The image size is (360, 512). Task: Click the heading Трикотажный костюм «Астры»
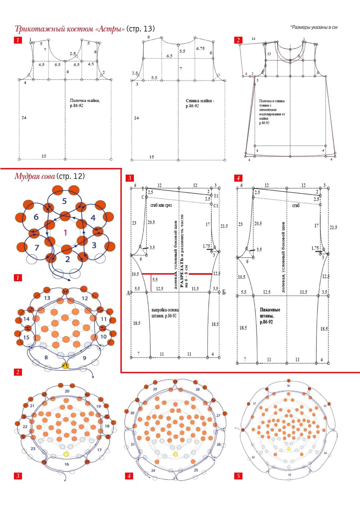(x=70, y=29)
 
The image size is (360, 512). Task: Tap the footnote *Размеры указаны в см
(x=314, y=27)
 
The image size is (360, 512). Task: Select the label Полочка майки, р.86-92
(x=84, y=103)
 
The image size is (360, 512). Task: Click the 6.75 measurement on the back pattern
(x=200, y=48)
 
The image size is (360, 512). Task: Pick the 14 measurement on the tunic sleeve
(x=253, y=38)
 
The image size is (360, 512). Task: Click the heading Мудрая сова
(x=35, y=176)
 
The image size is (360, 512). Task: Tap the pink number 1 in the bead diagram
(x=65, y=233)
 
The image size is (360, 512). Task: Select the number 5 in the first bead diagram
(x=64, y=201)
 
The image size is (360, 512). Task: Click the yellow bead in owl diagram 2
(x=65, y=366)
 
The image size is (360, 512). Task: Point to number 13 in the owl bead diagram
(x=47, y=298)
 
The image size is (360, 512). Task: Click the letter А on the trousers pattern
(x=128, y=293)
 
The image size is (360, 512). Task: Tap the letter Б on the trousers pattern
(x=224, y=292)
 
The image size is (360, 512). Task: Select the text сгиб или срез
(x=161, y=205)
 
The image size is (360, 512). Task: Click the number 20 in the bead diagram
(x=67, y=391)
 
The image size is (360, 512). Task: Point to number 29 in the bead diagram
(x=155, y=389)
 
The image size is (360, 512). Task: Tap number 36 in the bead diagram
(x=288, y=385)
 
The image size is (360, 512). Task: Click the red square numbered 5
(x=238, y=476)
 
